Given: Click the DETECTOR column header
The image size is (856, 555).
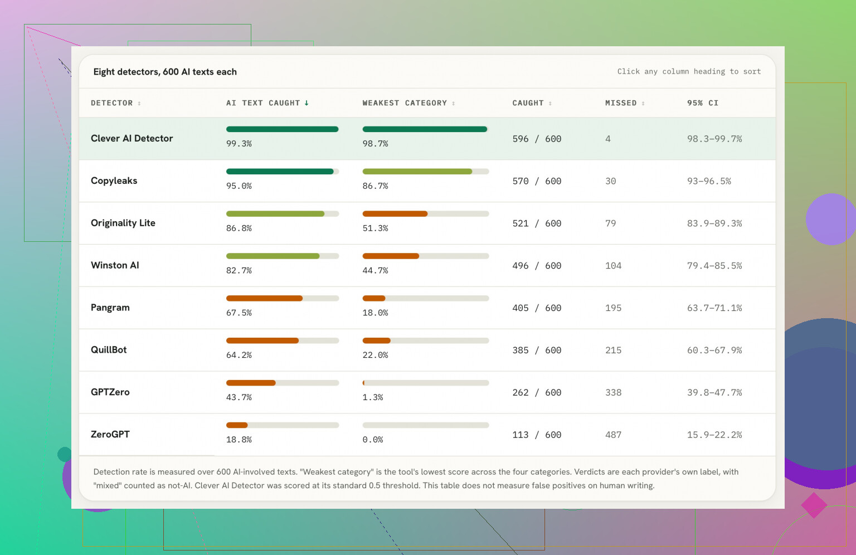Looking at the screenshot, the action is click(111, 103).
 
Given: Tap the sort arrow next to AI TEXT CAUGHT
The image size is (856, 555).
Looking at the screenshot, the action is click(307, 103).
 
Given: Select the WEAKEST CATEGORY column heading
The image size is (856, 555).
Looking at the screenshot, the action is click(404, 103).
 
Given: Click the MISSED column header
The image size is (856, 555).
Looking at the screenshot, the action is click(621, 103).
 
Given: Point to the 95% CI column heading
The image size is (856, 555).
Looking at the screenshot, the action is click(702, 103).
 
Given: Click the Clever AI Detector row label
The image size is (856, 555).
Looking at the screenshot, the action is click(132, 138).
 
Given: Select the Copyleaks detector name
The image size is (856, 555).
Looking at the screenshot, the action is click(114, 181).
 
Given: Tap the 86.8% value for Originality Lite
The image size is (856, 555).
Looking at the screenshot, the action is click(239, 228).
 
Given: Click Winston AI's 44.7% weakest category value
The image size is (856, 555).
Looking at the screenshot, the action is click(375, 271).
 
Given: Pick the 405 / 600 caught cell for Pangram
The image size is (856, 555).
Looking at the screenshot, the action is click(537, 308).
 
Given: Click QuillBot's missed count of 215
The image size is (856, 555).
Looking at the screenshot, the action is click(613, 350).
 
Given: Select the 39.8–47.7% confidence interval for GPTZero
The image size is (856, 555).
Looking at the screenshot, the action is click(714, 392).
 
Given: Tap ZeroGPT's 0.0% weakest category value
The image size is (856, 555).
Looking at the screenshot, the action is click(373, 440).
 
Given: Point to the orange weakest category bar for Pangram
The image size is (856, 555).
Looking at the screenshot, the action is click(374, 299).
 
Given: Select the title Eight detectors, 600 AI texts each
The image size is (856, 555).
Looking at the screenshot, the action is click(165, 72).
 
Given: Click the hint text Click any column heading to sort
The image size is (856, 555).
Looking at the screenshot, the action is click(689, 71).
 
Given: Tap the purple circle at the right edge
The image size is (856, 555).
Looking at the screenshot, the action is click(831, 219).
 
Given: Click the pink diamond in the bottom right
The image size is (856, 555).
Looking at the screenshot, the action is click(814, 505).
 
